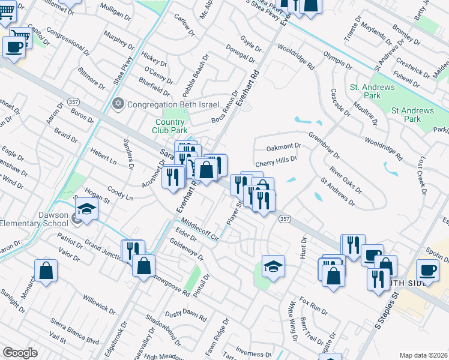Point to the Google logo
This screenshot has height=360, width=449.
pos(20,353)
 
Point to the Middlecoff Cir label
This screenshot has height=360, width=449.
pos(197,228)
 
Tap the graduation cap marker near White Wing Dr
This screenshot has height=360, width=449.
pos(273,266)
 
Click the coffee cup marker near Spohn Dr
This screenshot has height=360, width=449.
pos(427,270)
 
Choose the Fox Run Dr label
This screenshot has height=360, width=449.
pos(314,307)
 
